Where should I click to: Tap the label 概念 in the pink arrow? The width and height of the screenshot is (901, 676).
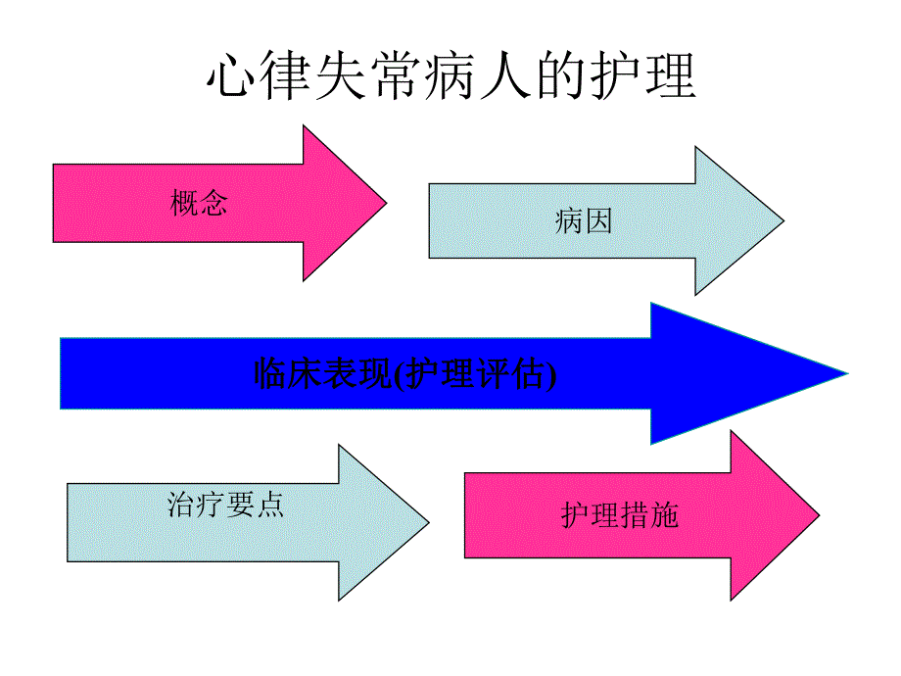199,204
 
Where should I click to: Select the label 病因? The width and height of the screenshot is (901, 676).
583,221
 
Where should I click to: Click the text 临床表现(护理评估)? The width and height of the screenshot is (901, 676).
404,374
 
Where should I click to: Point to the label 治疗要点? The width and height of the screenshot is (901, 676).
226,505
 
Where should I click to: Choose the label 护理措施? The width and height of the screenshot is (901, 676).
620,515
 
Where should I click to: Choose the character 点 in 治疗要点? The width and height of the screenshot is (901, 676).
270,505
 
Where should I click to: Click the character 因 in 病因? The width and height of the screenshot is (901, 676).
597,221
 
